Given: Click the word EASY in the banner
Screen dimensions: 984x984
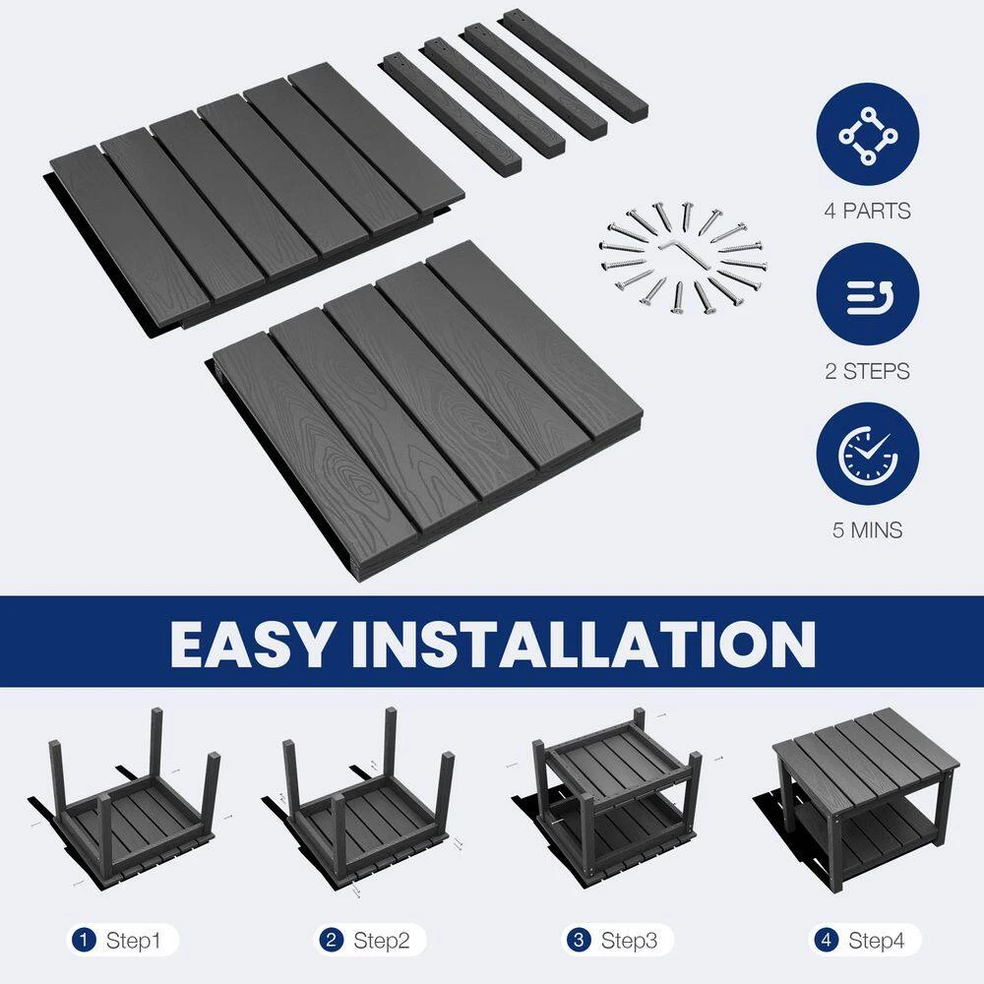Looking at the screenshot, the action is coord(251,644).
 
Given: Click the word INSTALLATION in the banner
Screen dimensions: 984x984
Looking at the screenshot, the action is coord(584,644).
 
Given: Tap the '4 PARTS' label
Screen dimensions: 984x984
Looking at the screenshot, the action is coord(867,211).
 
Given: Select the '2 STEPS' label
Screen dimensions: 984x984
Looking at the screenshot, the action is coord(867,372).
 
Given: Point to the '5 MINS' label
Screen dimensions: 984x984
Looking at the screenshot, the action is coord(867,530).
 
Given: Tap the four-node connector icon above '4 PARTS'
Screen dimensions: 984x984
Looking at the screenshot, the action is coord(868,136).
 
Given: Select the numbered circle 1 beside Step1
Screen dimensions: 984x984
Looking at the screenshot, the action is coord(84,940).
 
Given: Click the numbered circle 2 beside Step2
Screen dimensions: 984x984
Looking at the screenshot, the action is coord(331,940).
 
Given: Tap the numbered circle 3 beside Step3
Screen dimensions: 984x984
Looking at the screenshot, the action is coord(578,940).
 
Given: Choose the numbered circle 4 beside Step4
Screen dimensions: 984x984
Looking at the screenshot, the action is coord(826,940).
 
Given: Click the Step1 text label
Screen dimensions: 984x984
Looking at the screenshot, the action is coord(133,941).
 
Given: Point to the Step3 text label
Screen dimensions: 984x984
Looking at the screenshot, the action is coord(629,941).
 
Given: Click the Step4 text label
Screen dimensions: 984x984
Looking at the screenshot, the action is coord(876,941).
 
